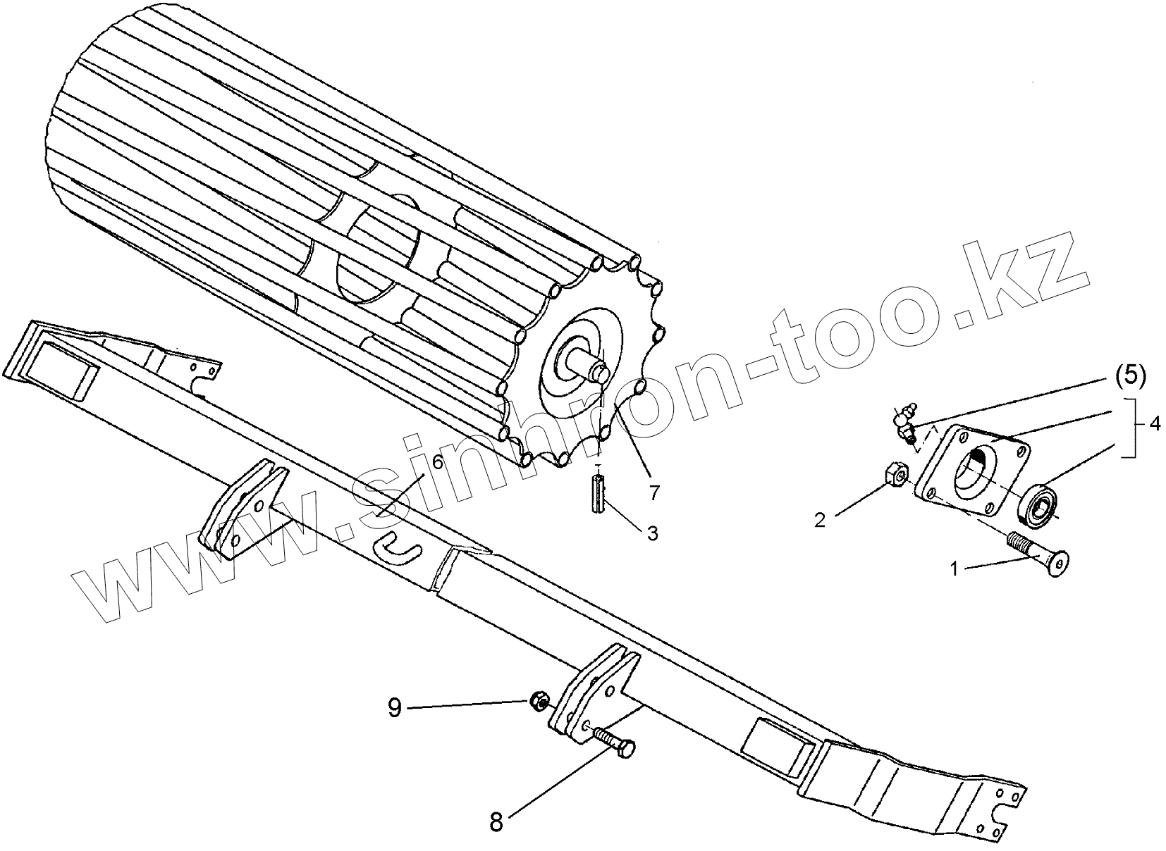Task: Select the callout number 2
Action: tap(819, 520)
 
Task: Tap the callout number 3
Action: tap(652, 534)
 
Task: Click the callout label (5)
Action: tap(1130, 376)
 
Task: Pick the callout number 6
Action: tap(437, 463)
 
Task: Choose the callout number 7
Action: tap(653, 492)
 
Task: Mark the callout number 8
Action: tap(496, 822)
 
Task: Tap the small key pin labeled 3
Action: tap(598, 496)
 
